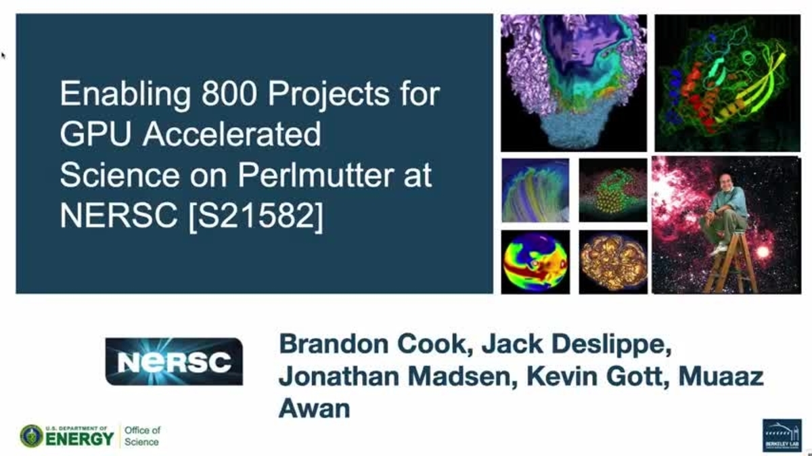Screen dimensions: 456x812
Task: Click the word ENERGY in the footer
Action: click(81, 438)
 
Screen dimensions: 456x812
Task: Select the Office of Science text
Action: click(142, 436)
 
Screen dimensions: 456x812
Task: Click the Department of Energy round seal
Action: click(31, 436)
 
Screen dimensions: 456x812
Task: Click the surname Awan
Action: click(315, 408)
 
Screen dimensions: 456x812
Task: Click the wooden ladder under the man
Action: click(730, 264)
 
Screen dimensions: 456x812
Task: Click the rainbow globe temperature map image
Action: click(535, 262)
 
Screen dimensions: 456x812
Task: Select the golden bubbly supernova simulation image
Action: click(613, 262)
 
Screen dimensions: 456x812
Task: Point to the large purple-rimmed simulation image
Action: click(573, 83)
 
